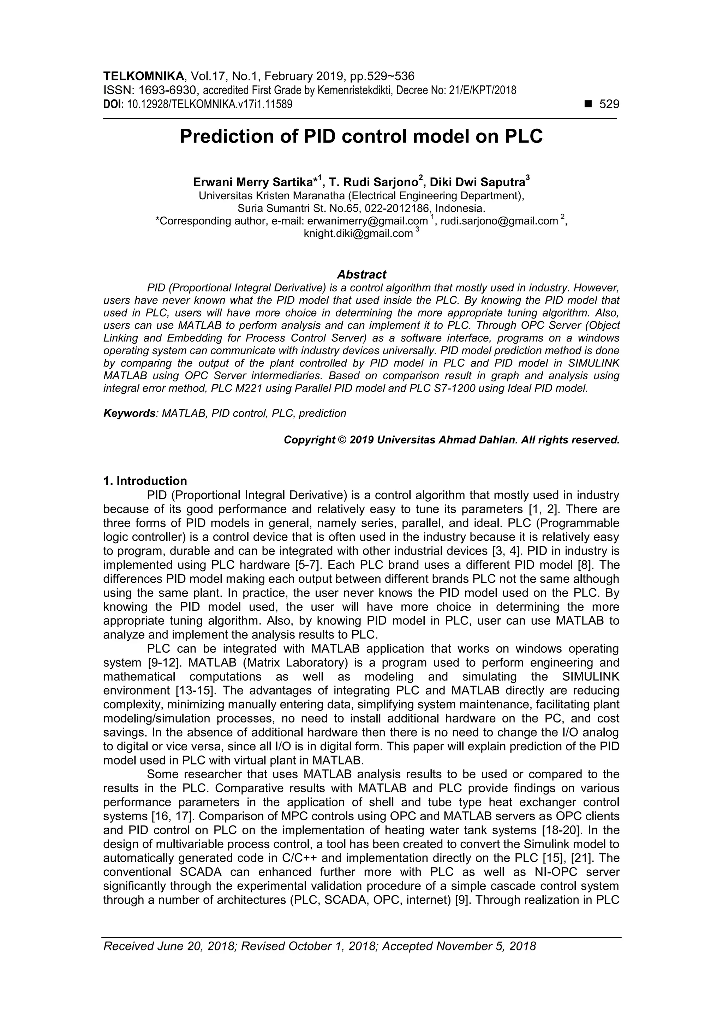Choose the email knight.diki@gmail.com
[358, 234]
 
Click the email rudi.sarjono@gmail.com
[499, 221]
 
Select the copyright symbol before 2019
[342, 440]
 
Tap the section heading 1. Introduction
[145, 481]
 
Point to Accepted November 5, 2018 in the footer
[459, 959]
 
